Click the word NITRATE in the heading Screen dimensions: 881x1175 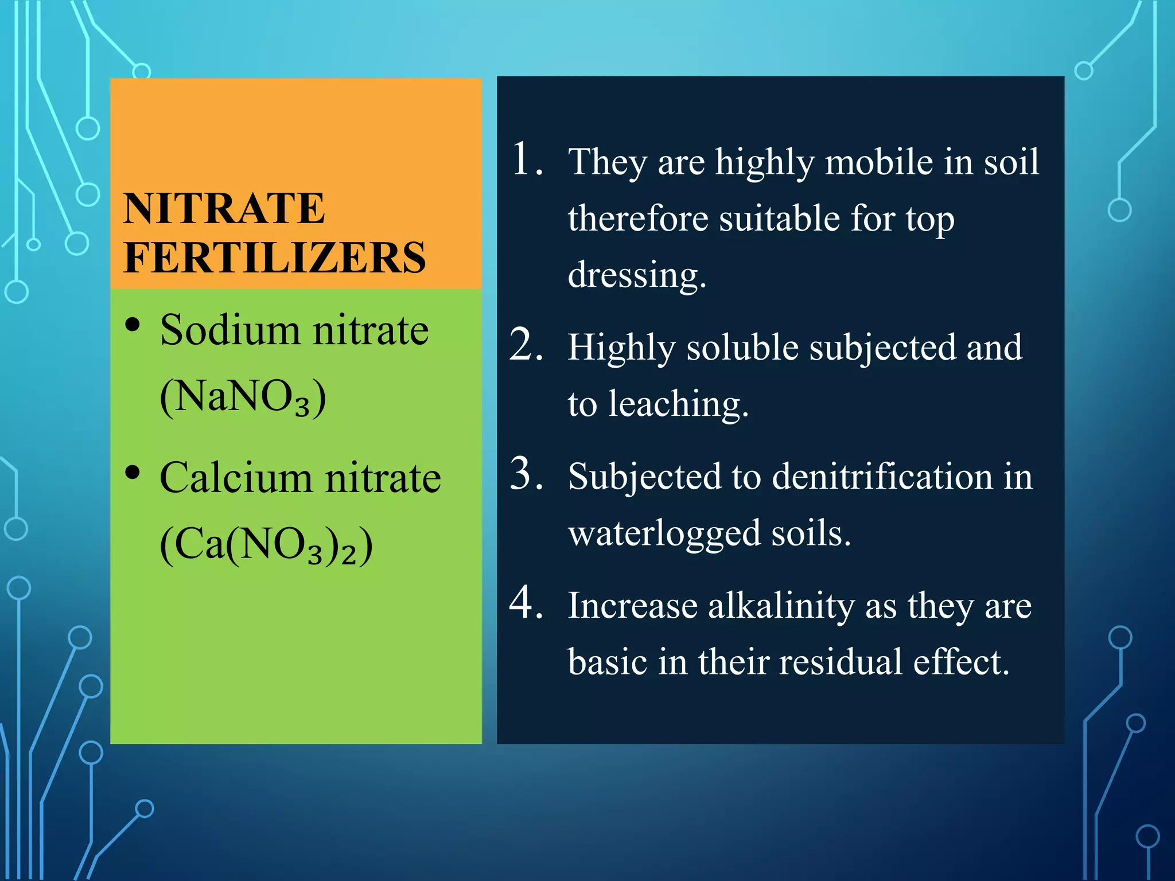(224, 208)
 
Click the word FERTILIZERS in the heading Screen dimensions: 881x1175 (275, 258)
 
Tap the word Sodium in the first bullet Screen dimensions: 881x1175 (230, 331)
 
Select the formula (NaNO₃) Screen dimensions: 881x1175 (243, 397)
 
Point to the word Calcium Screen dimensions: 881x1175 (236, 478)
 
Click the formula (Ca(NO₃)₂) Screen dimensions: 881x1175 (266, 545)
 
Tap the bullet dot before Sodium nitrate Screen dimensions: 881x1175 (133, 325)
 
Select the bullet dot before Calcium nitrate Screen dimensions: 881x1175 (133, 473)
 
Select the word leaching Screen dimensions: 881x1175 (678, 404)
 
